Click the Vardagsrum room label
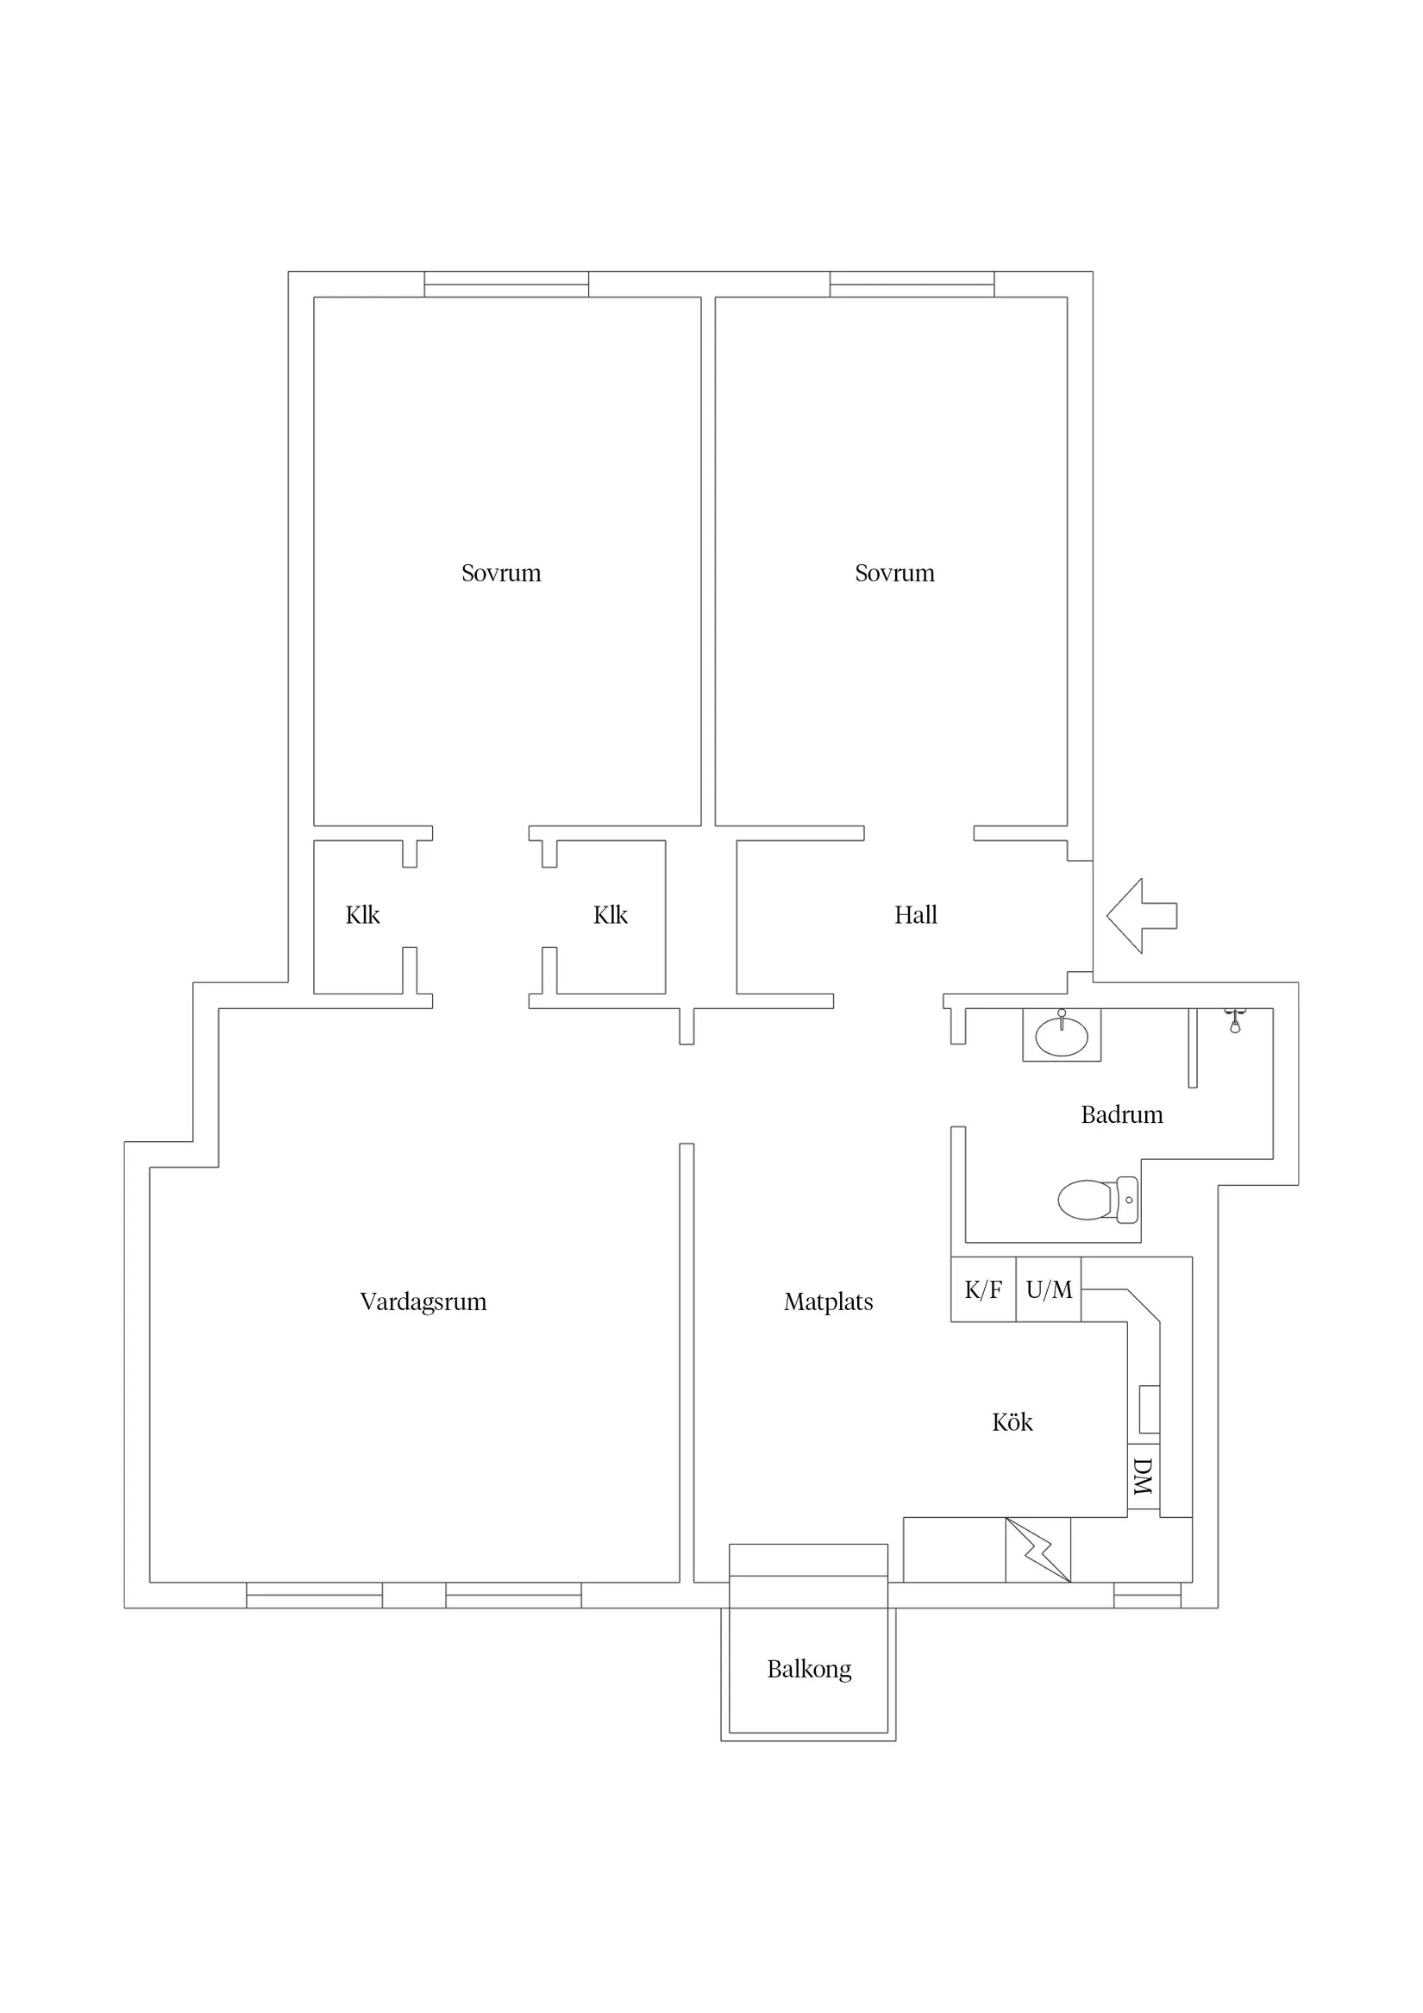click(x=423, y=1303)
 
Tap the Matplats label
click(x=829, y=1303)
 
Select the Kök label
click(x=1012, y=1422)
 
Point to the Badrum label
click(x=1121, y=1115)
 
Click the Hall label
click(x=915, y=915)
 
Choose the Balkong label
click(x=809, y=1670)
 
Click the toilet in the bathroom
click(x=1098, y=1200)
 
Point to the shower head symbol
click(x=1235, y=1021)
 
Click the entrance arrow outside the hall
click(x=1142, y=915)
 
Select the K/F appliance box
click(x=984, y=1289)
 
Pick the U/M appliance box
click(x=1049, y=1289)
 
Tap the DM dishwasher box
click(x=1144, y=1477)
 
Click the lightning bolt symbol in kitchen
click(x=1038, y=1550)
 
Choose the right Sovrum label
click(x=894, y=574)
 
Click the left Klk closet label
click(x=362, y=915)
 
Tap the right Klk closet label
click(x=611, y=915)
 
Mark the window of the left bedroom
click(x=507, y=284)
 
